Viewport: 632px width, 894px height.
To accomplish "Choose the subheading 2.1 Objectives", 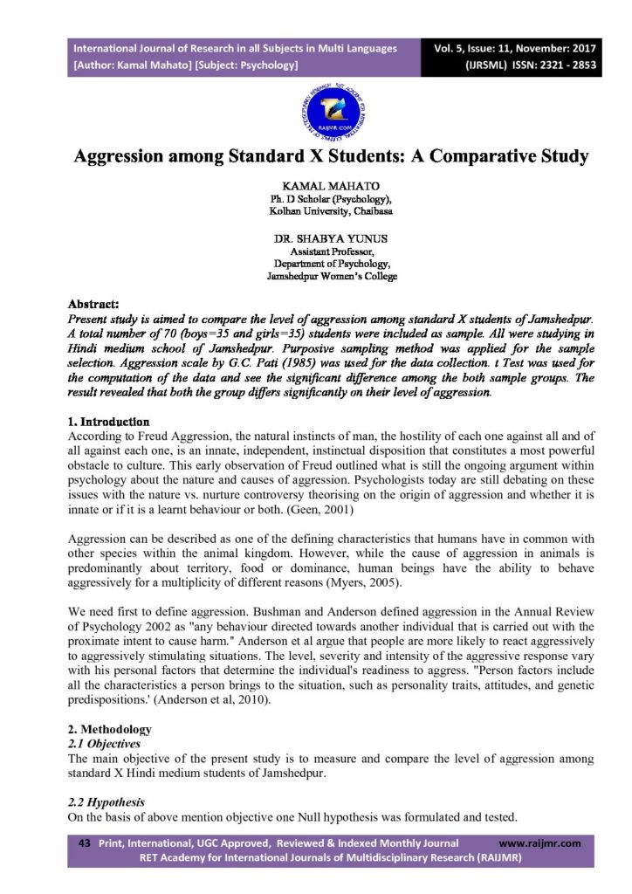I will [104, 744].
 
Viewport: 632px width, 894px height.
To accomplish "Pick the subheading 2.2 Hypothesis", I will [106, 802].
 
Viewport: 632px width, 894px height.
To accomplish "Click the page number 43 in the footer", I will [85, 843].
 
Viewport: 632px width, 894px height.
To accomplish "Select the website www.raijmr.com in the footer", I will [539, 843].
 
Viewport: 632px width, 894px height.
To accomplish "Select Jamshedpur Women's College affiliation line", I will [331, 276].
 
